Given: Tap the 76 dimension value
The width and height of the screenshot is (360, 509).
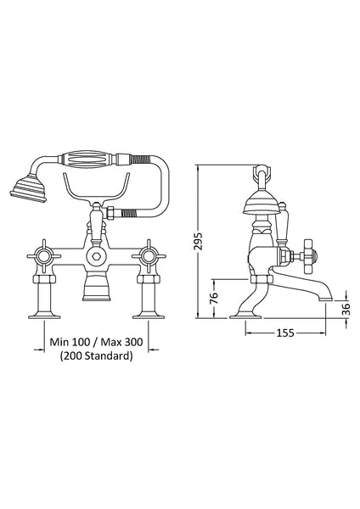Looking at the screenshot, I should coord(214,299).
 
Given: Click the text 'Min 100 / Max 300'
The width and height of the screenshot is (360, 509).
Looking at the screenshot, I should coord(95,342).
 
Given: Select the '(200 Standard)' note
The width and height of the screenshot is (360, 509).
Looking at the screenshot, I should coord(95,356).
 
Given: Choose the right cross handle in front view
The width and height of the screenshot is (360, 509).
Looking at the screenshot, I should coord(151,254).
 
